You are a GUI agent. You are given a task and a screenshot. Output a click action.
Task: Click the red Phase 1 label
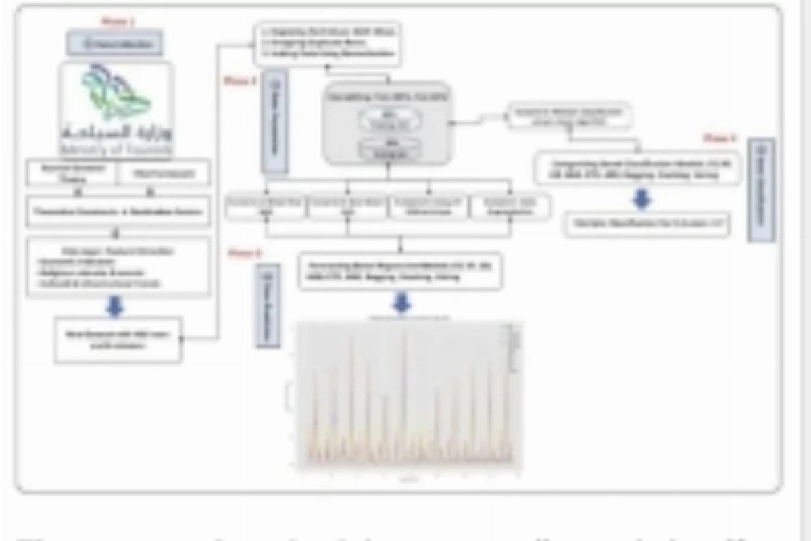(x=118, y=22)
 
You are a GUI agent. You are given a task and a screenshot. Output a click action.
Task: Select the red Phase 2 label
(x=241, y=81)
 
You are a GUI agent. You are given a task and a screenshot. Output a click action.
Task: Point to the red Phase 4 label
(x=719, y=138)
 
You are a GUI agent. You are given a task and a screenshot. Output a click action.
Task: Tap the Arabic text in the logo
(x=116, y=131)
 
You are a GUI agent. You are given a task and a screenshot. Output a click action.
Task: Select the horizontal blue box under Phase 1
(x=114, y=45)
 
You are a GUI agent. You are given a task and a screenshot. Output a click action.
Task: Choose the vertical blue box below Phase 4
(x=761, y=190)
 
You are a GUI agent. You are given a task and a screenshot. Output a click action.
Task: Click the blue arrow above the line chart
(x=401, y=304)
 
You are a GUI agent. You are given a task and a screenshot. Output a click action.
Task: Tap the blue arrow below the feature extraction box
(x=116, y=307)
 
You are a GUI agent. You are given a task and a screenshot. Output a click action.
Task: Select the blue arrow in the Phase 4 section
(x=641, y=199)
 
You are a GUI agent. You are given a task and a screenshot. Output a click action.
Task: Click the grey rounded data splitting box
(x=387, y=123)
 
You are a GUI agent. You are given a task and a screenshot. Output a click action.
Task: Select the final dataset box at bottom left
(x=118, y=339)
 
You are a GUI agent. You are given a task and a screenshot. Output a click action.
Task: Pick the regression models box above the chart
(x=401, y=271)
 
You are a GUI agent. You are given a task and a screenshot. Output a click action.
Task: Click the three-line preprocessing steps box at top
(x=328, y=44)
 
